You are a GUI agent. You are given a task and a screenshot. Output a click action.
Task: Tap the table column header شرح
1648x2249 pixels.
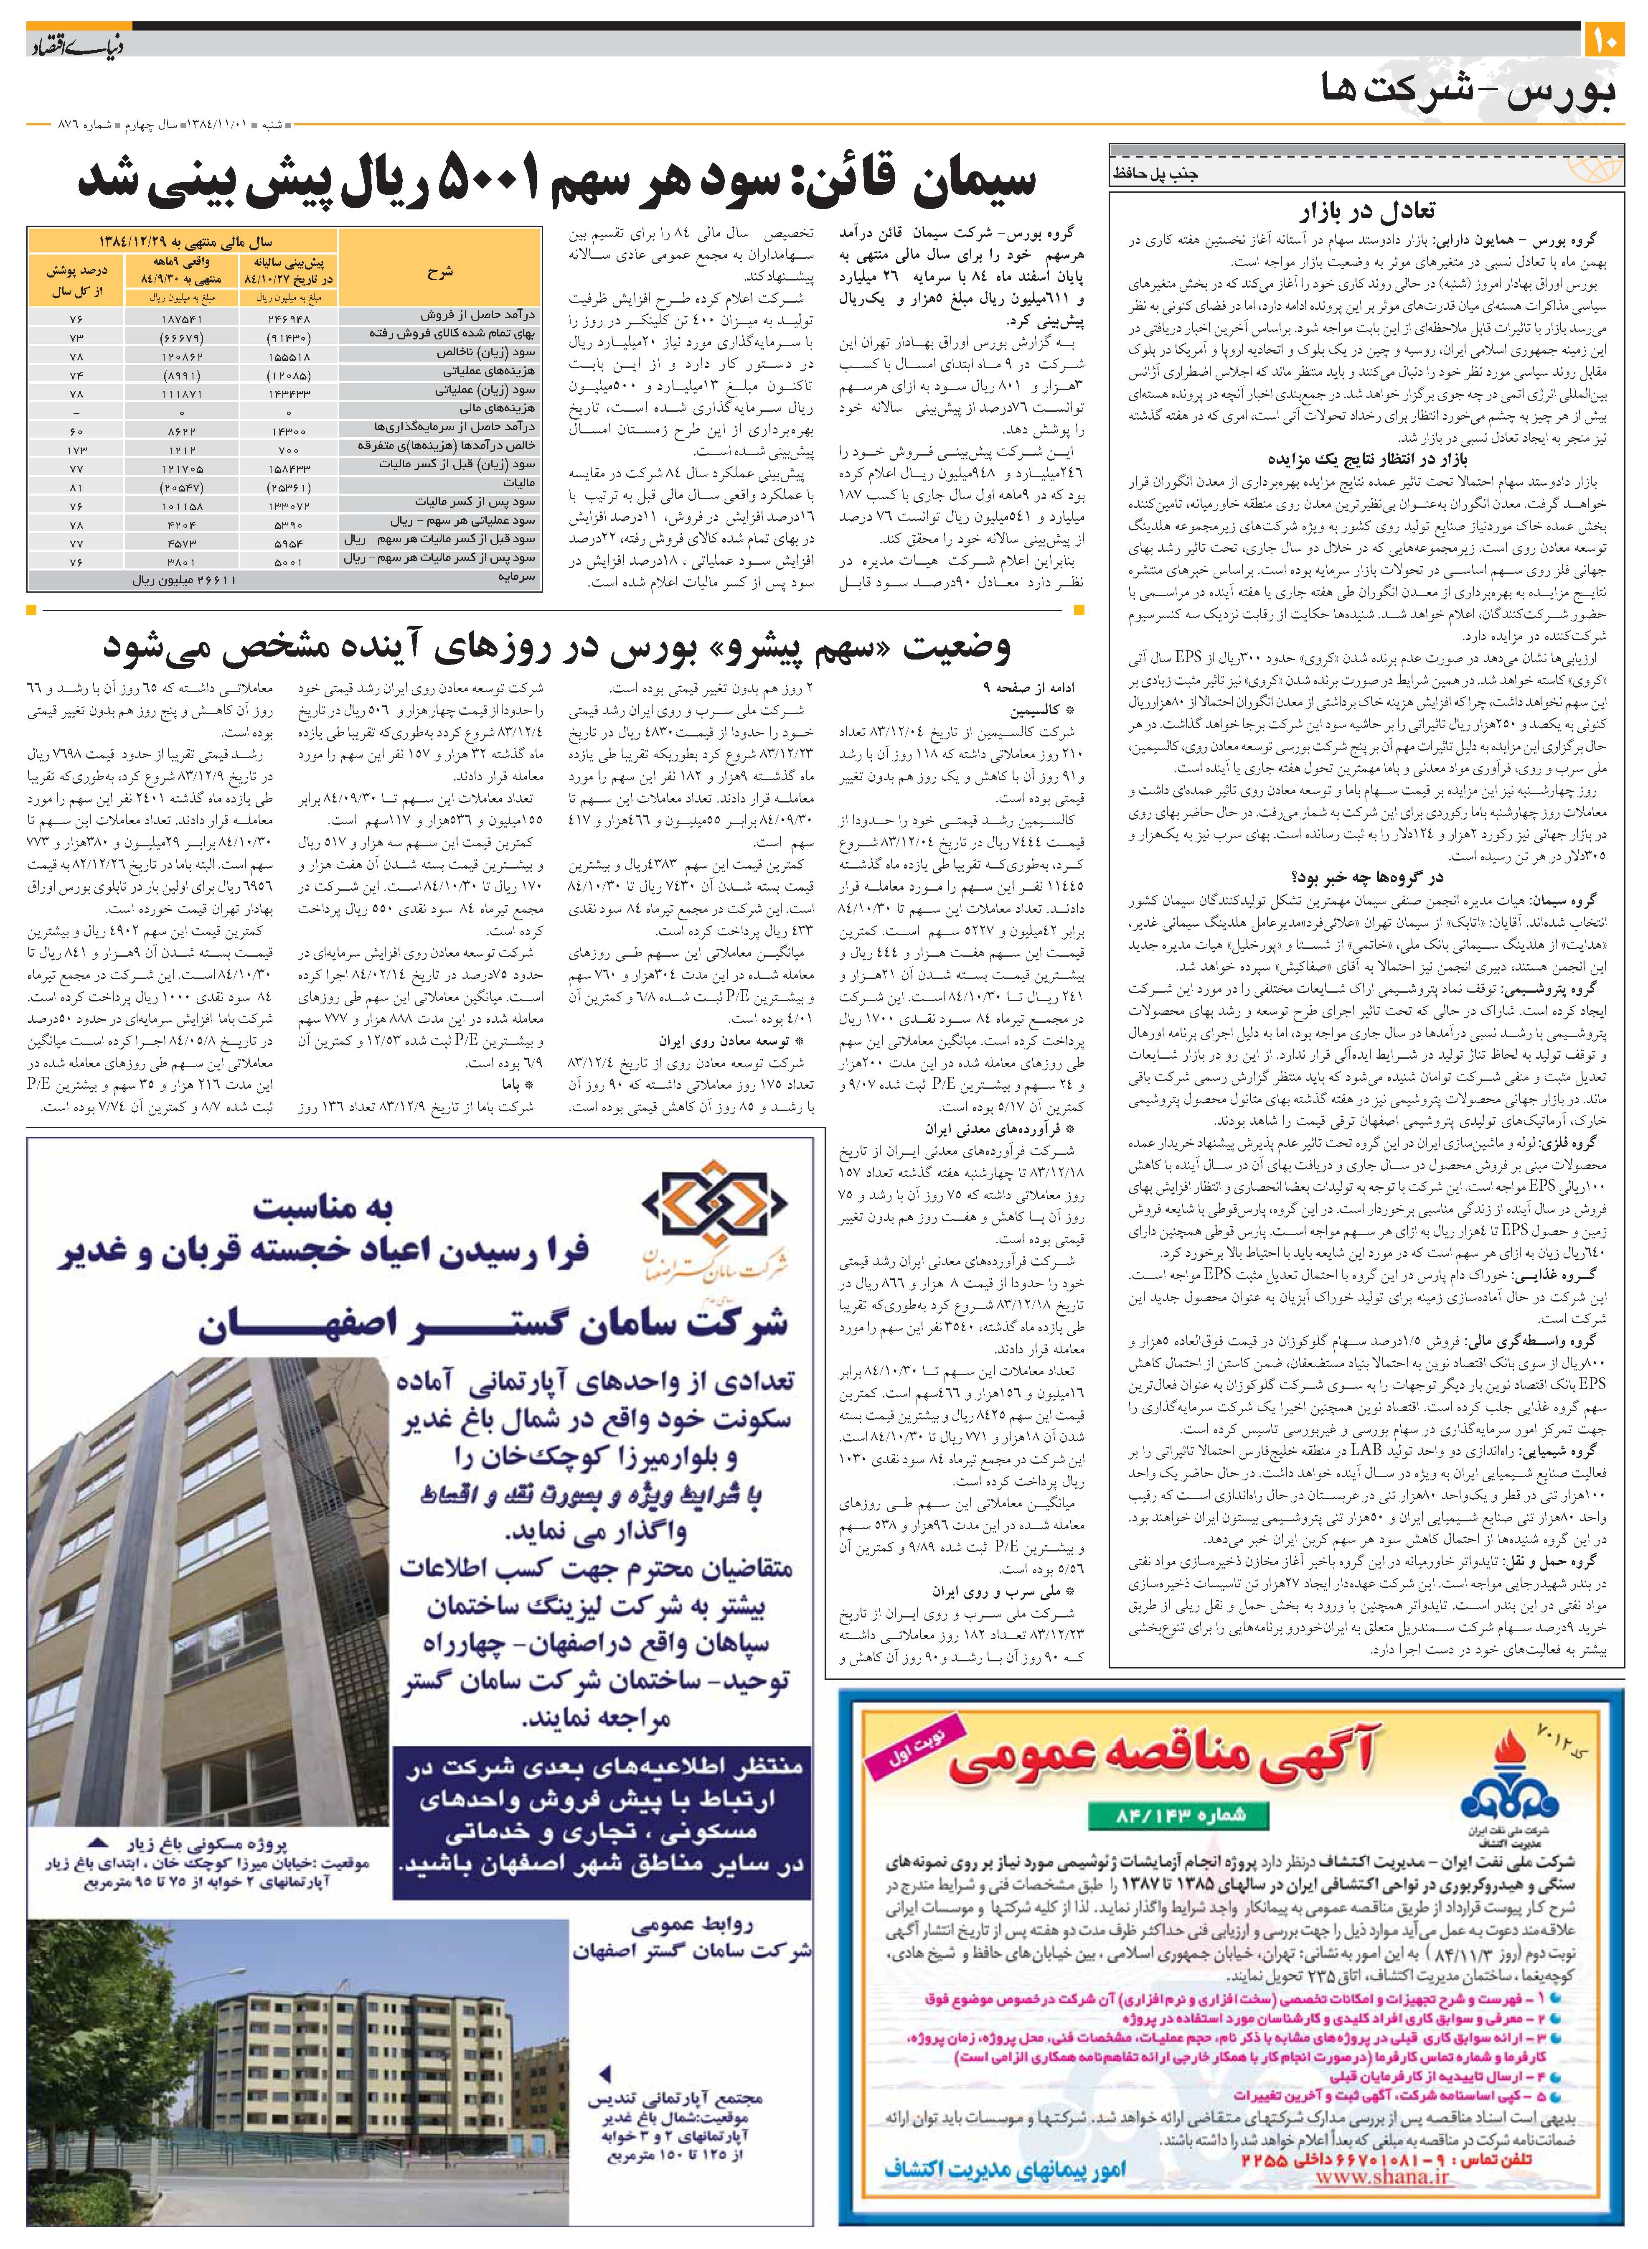(439, 270)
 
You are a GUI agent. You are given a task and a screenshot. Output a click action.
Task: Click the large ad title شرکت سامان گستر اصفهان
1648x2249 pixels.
(494, 1323)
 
